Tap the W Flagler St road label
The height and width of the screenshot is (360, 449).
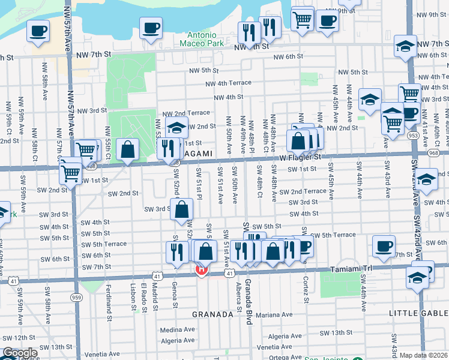[x=301, y=157]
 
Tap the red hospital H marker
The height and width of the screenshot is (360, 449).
[x=202, y=270]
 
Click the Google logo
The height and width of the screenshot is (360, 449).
[x=20, y=353]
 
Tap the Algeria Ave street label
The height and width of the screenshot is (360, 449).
[x=178, y=340]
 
